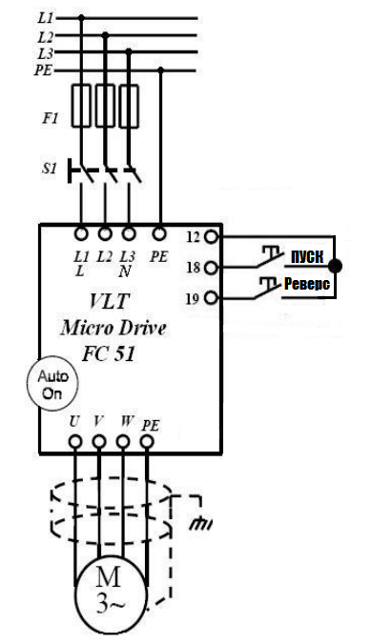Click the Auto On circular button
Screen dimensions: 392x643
pyautogui.click(x=52, y=384)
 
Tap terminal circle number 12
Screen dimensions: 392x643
pyautogui.click(x=211, y=236)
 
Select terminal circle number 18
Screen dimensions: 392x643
pyautogui.click(x=211, y=268)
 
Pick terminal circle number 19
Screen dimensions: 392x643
pyautogui.click(x=211, y=298)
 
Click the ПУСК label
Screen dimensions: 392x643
pyautogui.click(x=307, y=256)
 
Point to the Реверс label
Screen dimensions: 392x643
pyautogui.click(x=307, y=284)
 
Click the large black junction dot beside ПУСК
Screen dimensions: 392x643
pyautogui.click(x=335, y=266)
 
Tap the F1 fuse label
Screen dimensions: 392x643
pyautogui.click(x=51, y=118)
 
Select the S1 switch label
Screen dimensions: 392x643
pyautogui.click(x=50, y=168)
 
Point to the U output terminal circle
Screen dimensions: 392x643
pyautogui.click(x=74, y=442)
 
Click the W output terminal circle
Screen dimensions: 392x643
pyautogui.click(x=123, y=442)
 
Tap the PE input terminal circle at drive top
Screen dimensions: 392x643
pyautogui.click(x=159, y=234)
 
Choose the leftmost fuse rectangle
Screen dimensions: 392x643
pyautogui.click(x=81, y=106)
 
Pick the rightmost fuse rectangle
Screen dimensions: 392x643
pyautogui.click(x=129, y=106)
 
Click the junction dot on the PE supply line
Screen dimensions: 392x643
pyautogui.click(x=160, y=70)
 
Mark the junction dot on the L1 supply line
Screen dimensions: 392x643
pyautogui.click(x=81, y=18)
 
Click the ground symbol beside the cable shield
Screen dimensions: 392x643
pyautogui.click(x=200, y=524)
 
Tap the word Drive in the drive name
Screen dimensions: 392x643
pyautogui.click(x=142, y=328)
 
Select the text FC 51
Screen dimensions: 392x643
pyautogui.click(x=109, y=353)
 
